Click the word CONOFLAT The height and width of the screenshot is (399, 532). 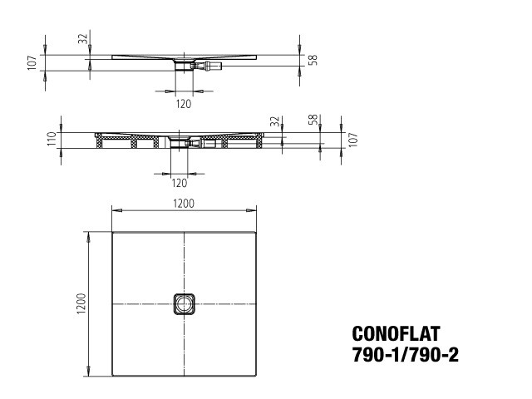(x=396, y=333)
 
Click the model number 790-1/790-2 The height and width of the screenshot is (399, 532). (x=406, y=355)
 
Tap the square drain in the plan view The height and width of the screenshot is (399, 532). (x=185, y=304)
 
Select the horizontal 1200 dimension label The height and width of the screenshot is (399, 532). (x=184, y=204)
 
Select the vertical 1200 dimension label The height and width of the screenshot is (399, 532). (x=81, y=303)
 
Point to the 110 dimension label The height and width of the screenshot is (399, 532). (x=52, y=139)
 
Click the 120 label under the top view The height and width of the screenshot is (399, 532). (x=184, y=104)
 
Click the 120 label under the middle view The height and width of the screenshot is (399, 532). (x=180, y=183)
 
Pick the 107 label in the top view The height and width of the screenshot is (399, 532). (x=32, y=63)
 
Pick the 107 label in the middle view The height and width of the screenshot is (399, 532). (x=352, y=140)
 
